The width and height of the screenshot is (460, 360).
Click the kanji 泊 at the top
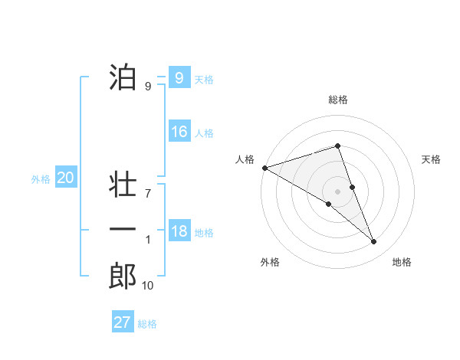(123, 77)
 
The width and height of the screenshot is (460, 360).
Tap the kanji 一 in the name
(123, 230)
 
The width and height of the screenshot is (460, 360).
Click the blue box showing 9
(179, 78)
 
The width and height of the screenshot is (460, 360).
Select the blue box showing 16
(179, 132)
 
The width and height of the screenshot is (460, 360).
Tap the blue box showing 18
(179, 231)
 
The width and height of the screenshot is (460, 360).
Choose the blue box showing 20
(66, 178)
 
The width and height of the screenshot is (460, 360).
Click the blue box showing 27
(123, 322)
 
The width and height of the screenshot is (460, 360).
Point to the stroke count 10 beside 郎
(147, 286)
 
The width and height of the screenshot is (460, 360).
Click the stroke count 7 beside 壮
(148, 194)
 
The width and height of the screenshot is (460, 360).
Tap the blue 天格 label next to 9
(204, 80)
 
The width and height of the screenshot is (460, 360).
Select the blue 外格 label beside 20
(41, 179)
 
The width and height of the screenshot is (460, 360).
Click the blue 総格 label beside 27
(147, 324)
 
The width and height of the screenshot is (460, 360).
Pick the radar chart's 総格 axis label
(338, 100)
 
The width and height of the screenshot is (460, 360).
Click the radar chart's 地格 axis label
(402, 262)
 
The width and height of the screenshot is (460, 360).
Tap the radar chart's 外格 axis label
(270, 262)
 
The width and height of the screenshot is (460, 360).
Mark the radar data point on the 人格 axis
(264, 167)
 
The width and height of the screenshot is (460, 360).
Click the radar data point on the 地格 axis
(374, 242)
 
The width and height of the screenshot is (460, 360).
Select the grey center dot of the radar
(337, 191)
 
